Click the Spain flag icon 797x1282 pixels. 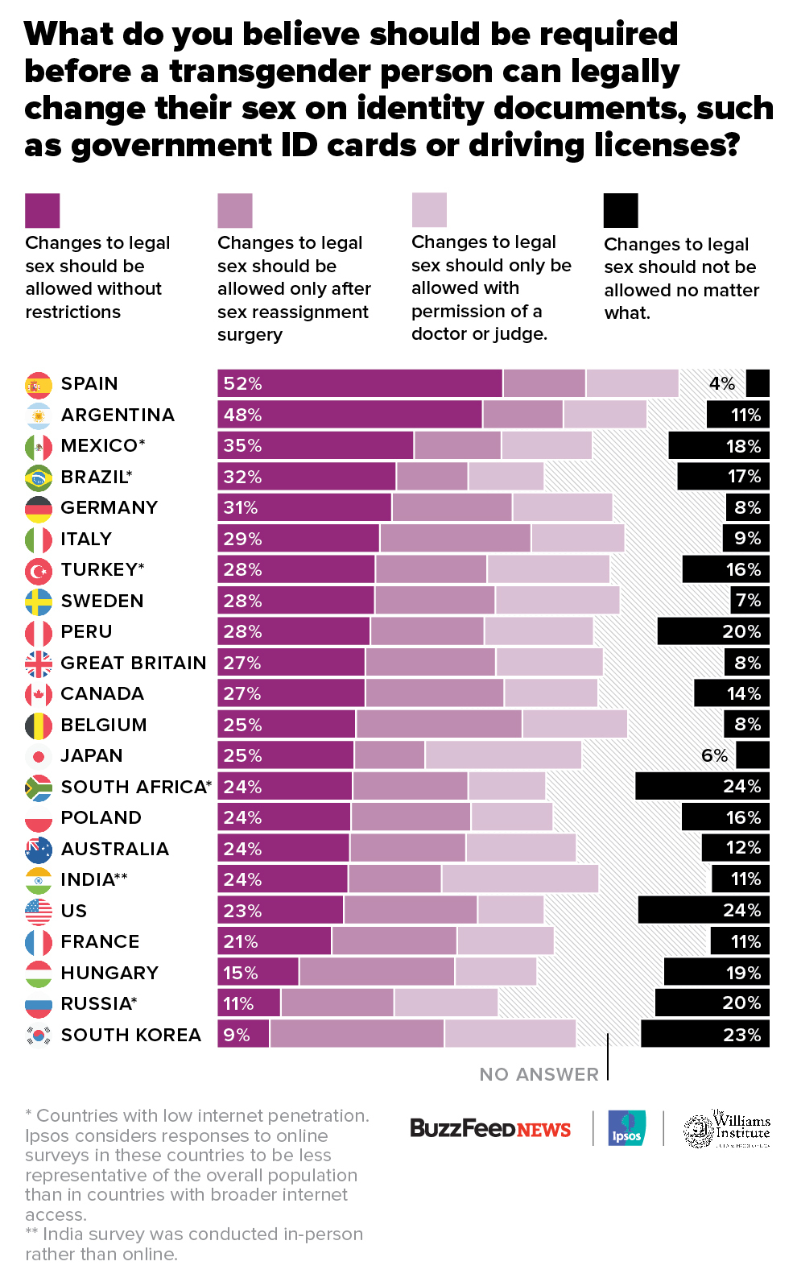pos(39,385)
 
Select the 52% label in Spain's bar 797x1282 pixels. pos(243,384)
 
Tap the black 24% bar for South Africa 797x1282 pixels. pos(702,786)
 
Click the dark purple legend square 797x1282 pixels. pos(42,210)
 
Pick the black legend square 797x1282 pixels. pos(621,210)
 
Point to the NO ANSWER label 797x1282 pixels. pos(539,1074)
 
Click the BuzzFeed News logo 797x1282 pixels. pos(490,1128)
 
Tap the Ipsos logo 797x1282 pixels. pos(626,1128)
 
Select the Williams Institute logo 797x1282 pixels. pos(727,1129)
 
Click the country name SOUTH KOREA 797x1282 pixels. pos(130,1035)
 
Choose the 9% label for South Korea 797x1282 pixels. pos(237,1035)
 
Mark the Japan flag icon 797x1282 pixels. pos(39,756)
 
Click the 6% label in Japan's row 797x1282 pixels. pos(714,755)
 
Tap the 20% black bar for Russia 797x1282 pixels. pos(712,1003)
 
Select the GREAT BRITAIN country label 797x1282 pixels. pos(134,663)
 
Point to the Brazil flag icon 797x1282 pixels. pos(39,478)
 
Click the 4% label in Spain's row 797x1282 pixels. pos(722,384)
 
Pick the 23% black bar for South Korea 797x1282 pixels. pos(704,1034)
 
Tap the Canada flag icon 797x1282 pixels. pos(39,694)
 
